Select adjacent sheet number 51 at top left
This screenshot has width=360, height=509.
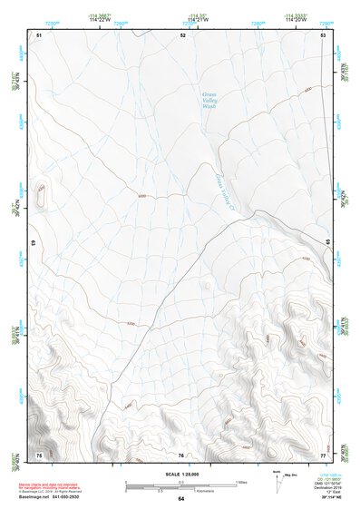click(x=39, y=34)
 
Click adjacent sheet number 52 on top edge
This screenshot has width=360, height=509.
click(x=182, y=34)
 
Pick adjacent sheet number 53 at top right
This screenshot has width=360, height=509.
click(x=323, y=34)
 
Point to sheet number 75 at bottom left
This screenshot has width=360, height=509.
click(x=39, y=455)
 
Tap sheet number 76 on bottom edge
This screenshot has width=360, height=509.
click(x=181, y=455)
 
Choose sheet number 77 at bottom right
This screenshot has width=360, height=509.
click(x=323, y=455)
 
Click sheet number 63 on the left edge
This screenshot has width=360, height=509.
click(x=34, y=243)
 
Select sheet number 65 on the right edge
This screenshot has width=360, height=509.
click(x=328, y=240)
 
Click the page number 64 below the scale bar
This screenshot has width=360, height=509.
click(x=180, y=499)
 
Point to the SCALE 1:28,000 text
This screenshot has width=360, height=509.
click(x=180, y=474)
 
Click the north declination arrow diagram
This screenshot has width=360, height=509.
click(x=278, y=481)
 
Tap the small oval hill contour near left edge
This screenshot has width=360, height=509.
click(x=42, y=192)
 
